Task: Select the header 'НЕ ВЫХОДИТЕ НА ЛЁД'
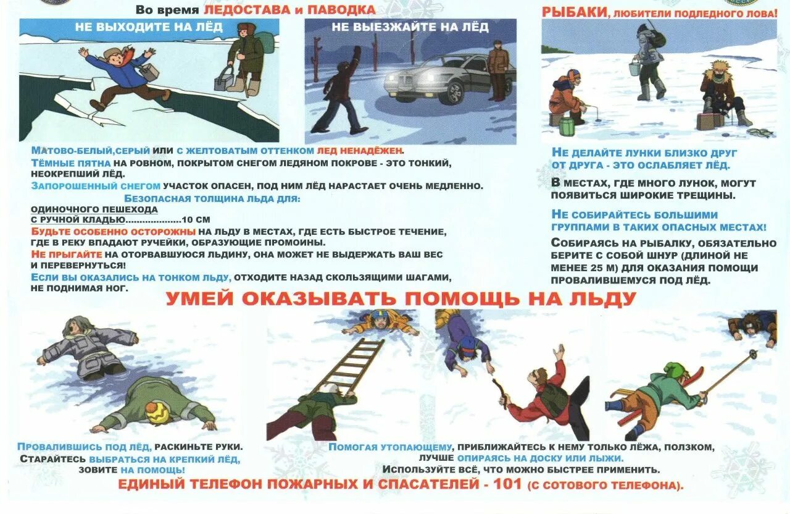tap(149, 27)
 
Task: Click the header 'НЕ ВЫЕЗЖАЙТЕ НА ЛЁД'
tap(410, 27)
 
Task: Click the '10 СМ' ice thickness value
tap(197, 219)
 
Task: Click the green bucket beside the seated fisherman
tap(567, 126)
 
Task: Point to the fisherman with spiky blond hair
tap(719, 91)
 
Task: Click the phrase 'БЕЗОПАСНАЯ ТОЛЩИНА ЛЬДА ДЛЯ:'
tap(212, 198)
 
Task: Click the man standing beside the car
tap(497, 69)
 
